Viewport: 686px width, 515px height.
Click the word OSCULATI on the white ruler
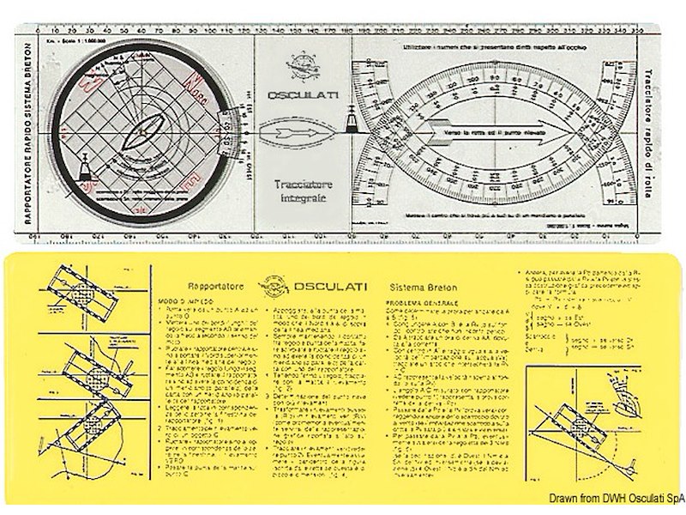[295, 96]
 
